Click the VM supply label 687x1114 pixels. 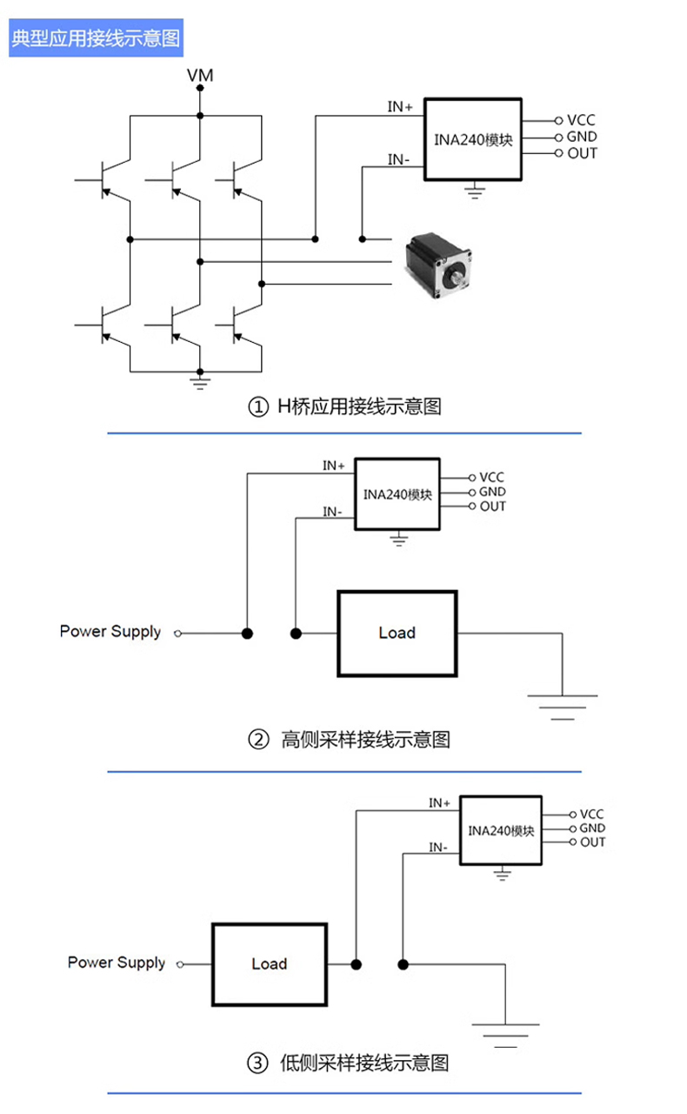coord(200,77)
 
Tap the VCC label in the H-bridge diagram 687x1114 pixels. coord(581,121)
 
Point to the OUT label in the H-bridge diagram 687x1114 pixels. coord(582,154)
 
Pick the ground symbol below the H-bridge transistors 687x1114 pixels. coord(200,380)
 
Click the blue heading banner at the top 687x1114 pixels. coord(97,41)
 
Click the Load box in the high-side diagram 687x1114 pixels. coord(397,633)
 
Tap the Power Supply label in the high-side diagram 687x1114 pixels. coord(110,631)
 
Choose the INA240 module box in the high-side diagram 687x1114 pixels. coord(397,494)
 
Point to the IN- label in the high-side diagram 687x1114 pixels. coord(332,512)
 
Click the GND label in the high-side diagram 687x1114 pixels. coord(492,492)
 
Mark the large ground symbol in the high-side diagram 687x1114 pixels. coord(562,705)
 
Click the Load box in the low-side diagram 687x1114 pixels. coord(269,963)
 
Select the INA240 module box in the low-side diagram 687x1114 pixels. coord(501,830)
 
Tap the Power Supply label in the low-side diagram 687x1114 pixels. coord(117,963)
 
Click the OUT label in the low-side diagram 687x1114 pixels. coord(593,842)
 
